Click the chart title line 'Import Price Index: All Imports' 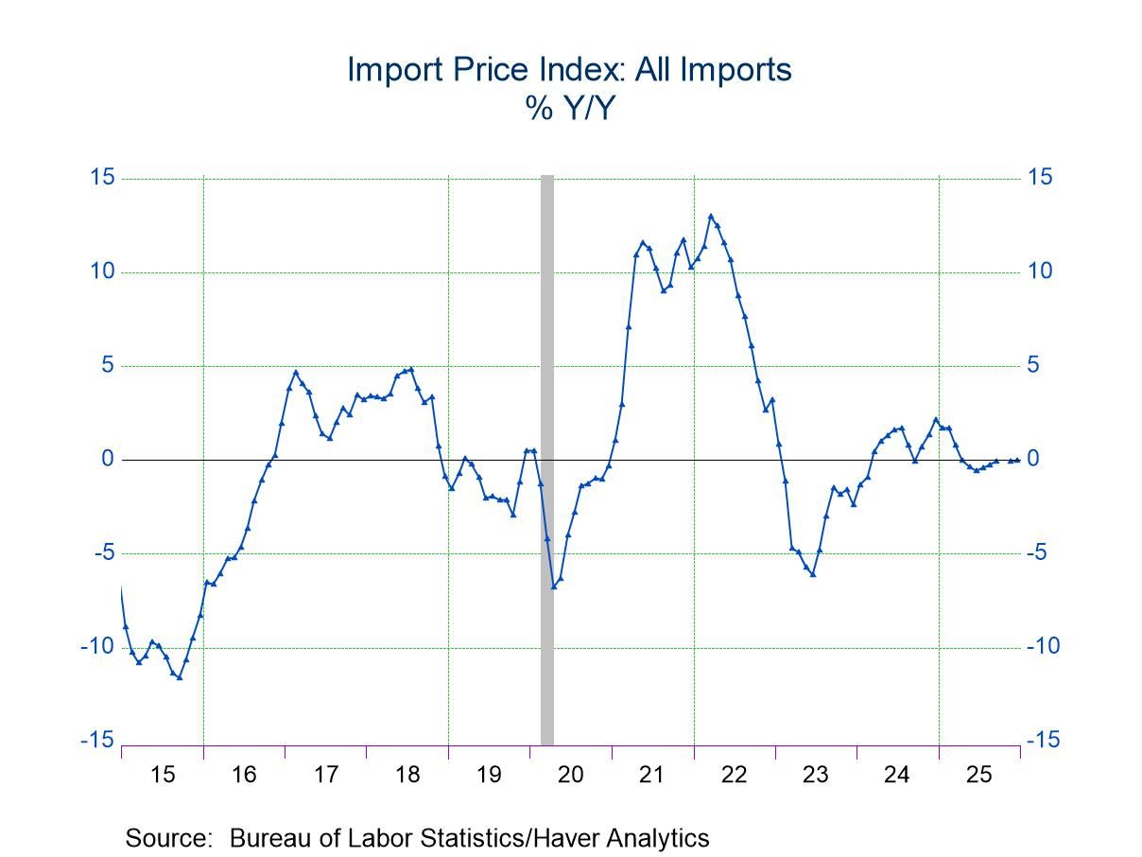pos(569,69)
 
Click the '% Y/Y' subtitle pos(570,110)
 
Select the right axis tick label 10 pos(1039,272)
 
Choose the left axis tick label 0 pos(108,460)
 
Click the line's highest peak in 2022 pos(711,216)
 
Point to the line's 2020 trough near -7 pos(554,586)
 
